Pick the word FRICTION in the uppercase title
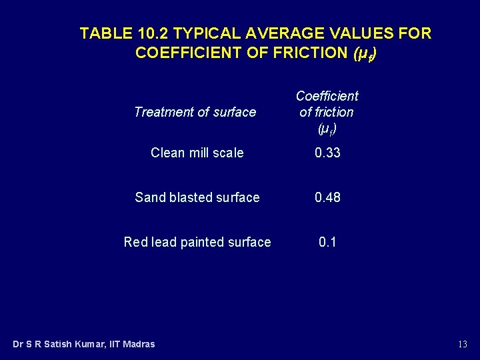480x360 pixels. tap(303, 53)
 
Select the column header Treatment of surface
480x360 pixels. tap(195, 112)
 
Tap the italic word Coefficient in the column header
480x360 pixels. tap(327, 96)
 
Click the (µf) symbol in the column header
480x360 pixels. tap(327, 127)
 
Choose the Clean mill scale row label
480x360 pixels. tap(197, 153)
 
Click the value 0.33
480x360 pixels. tap(327, 153)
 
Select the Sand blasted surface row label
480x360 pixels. tap(197, 197)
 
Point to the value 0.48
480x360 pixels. tap(327, 197)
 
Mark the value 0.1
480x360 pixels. tap(327, 242)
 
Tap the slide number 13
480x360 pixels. tap(463, 344)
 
